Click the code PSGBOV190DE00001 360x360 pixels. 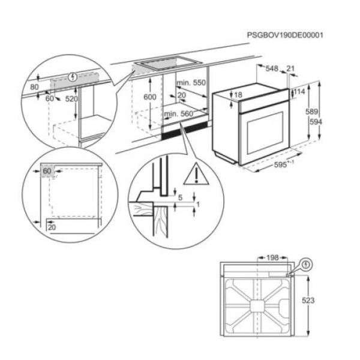[x=285, y=35]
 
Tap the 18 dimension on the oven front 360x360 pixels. [x=238, y=95]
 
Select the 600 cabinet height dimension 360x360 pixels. [x=150, y=97]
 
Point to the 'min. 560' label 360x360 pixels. [x=178, y=113]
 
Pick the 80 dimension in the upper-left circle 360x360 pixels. [x=34, y=86]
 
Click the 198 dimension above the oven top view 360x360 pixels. [x=272, y=257]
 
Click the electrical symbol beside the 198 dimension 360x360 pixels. [x=307, y=263]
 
